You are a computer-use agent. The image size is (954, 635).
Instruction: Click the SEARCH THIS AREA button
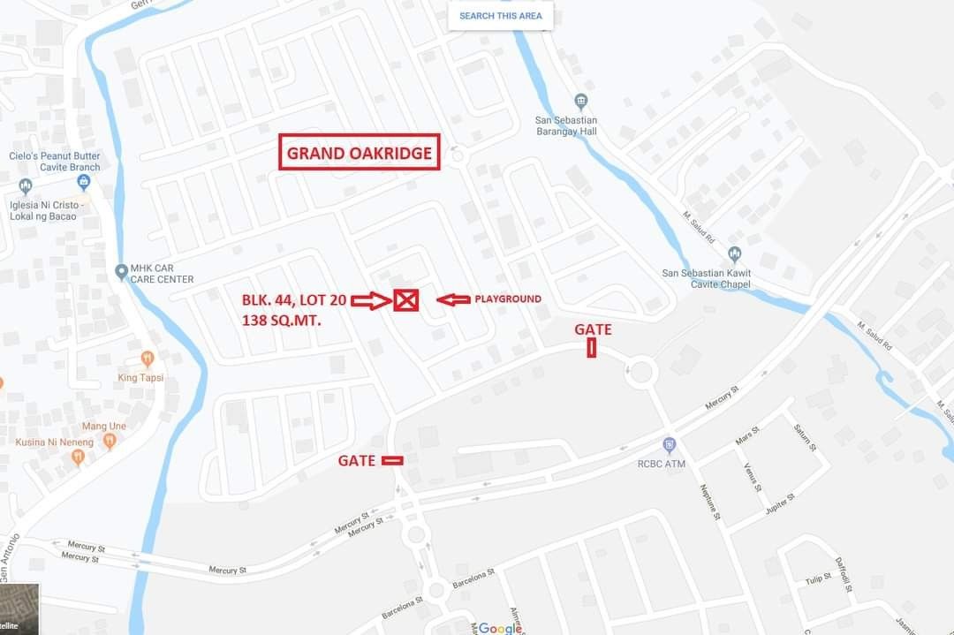click(x=500, y=16)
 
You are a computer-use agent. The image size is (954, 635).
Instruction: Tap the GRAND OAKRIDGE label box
click(x=360, y=153)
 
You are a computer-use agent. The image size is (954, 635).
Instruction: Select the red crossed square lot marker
click(x=405, y=300)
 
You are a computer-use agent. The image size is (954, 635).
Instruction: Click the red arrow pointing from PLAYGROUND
click(x=453, y=300)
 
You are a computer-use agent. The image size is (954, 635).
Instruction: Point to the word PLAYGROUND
click(x=508, y=299)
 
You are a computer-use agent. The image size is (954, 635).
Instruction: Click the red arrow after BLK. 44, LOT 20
click(x=370, y=301)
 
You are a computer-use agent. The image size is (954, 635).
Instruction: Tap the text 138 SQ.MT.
click(x=281, y=321)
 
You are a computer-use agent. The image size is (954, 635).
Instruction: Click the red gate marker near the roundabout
click(x=591, y=348)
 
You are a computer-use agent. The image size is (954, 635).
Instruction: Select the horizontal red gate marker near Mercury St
click(x=392, y=460)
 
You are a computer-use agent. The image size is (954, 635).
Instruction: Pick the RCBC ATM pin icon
click(x=670, y=444)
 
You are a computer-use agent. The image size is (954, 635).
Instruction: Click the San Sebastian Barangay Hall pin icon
click(x=580, y=101)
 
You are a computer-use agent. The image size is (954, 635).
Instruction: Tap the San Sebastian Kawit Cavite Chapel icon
click(x=734, y=254)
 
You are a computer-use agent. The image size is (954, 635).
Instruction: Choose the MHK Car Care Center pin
click(x=122, y=272)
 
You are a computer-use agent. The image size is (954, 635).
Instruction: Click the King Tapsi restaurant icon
click(x=148, y=359)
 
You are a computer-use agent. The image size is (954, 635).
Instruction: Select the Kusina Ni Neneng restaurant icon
click(x=78, y=457)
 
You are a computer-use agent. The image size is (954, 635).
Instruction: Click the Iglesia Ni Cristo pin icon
click(x=25, y=186)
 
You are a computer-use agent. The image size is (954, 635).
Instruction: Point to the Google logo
click(x=500, y=628)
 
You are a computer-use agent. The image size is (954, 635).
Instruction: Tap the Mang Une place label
click(x=103, y=426)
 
